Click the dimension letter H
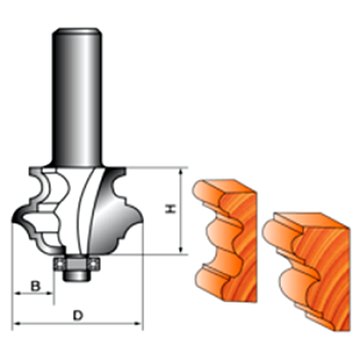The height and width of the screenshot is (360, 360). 171,209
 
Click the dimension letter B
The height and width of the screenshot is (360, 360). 35,286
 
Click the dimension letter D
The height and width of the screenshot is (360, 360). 78,315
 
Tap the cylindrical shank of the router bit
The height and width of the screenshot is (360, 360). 76,97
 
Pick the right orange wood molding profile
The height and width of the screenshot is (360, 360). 306,270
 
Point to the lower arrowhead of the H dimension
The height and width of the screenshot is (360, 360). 181,249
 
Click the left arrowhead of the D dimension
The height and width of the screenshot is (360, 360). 16,323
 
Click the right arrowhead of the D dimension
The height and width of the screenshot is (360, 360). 138,323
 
